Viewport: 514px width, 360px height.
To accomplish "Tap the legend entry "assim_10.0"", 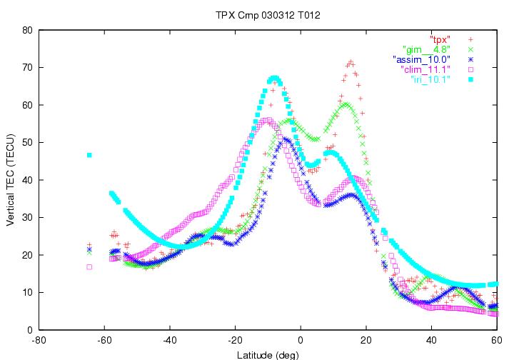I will pyautogui.click(x=421, y=59).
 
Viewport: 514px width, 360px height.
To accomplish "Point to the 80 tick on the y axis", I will pyautogui.click(x=27, y=30).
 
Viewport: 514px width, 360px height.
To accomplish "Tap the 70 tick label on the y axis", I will pyautogui.click(x=27, y=68).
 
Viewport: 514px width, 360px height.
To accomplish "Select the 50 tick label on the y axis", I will pyautogui.click(x=27, y=143).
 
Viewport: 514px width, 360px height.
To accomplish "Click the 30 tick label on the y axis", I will pyautogui.click(x=27, y=218).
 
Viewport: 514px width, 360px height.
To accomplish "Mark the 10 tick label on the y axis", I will pyautogui.click(x=27, y=293).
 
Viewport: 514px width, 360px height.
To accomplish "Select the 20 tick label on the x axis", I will pyautogui.click(x=366, y=340).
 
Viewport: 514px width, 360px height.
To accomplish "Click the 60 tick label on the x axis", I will pyautogui.click(x=496, y=340).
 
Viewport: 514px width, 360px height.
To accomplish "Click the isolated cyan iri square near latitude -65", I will pyautogui.click(x=89, y=155).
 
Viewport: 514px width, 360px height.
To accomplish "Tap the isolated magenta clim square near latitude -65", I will pyautogui.click(x=89, y=267).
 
